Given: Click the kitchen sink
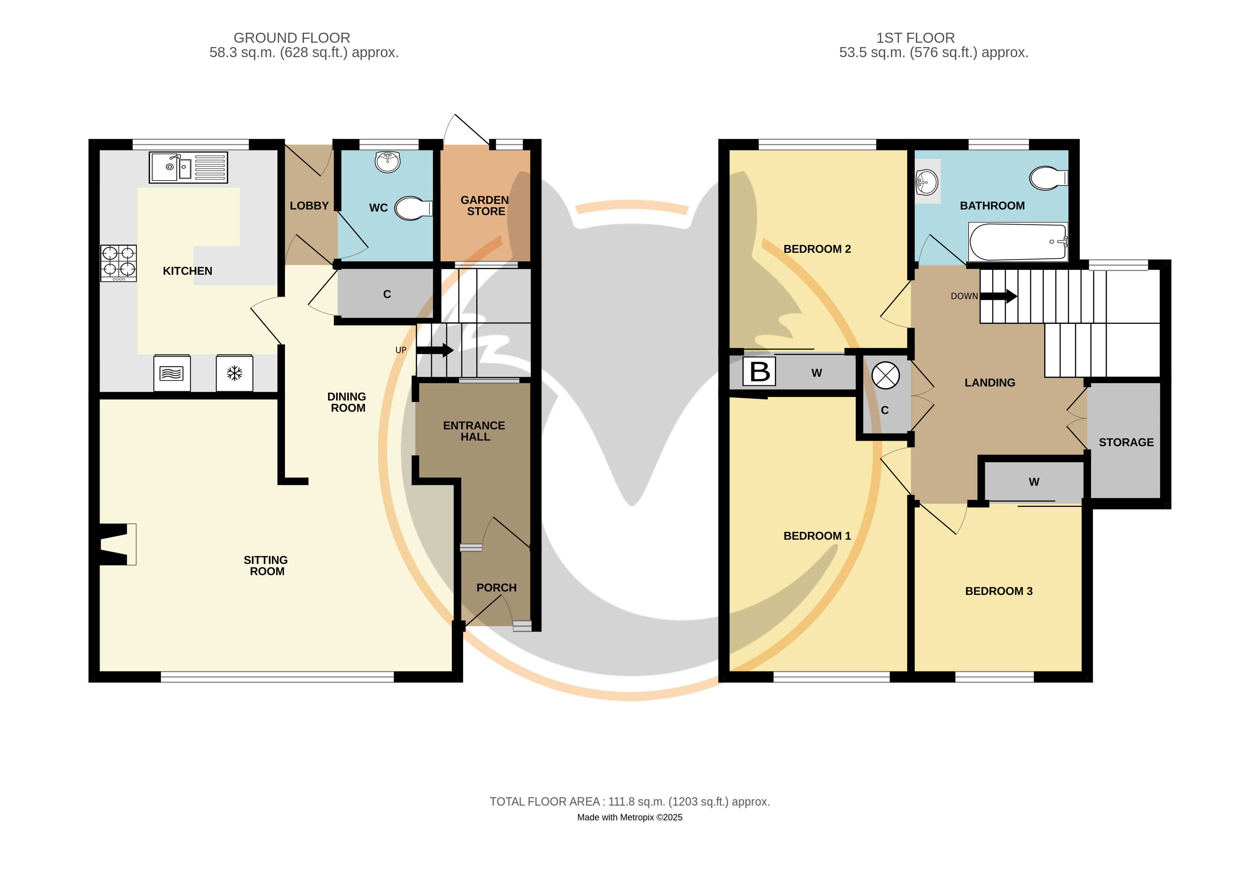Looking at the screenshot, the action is [x=188, y=167].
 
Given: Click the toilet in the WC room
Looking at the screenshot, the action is [x=414, y=208].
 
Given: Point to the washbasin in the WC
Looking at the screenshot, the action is [x=388, y=162].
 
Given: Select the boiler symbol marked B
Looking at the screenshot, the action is [x=759, y=372].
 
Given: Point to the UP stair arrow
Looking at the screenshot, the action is [x=435, y=350].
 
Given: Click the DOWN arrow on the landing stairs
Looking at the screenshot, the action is [x=998, y=296].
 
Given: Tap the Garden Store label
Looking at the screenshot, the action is [x=485, y=206].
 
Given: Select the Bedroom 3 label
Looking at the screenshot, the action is [x=999, y=591].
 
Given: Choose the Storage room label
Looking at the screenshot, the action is [x=1126, y=442].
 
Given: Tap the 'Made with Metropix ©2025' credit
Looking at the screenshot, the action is [x=630, y=817].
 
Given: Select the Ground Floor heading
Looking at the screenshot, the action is [x=292, y=38].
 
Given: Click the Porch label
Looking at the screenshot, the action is [x=497, y=588].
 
